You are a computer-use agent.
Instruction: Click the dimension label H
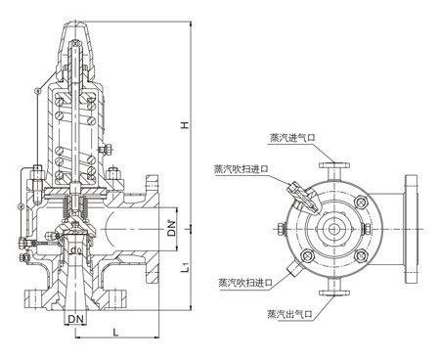point(185,125)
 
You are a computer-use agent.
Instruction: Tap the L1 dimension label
point(185,267)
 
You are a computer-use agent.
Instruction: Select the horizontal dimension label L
point(115,333)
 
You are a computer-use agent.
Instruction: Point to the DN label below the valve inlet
point(76,319)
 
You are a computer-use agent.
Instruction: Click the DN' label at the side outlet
point(171,228)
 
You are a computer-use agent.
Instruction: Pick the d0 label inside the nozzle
point(76,250)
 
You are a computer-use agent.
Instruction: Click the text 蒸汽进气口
point(292,138)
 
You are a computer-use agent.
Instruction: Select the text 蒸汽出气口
point(290,314)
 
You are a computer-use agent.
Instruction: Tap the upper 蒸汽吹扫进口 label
point(242,168)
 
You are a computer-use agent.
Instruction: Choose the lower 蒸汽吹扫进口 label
point(245,282)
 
